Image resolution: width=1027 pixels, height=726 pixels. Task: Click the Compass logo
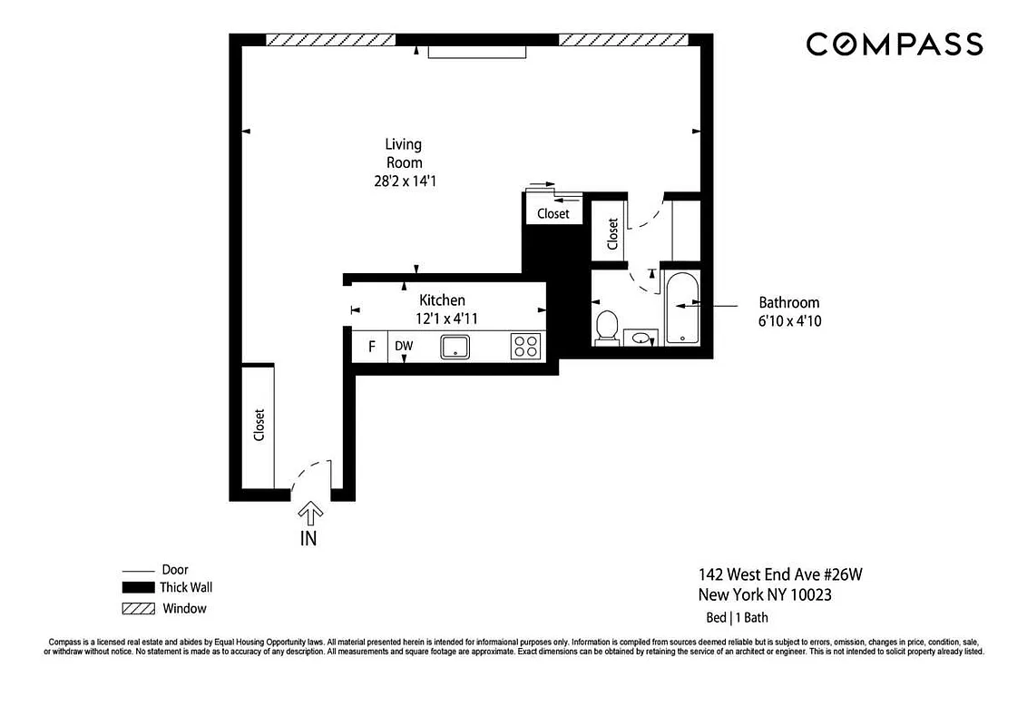894,44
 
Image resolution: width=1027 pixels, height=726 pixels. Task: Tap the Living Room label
404,153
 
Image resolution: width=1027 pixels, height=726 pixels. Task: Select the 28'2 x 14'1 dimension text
404,181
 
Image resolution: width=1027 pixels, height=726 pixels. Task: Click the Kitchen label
442,300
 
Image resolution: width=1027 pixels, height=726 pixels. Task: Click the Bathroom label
789,303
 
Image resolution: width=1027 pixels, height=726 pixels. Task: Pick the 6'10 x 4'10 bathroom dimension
790,320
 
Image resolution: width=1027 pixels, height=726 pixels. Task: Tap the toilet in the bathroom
606,328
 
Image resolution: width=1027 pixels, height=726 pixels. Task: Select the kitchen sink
455,347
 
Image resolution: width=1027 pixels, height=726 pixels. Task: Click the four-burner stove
525,347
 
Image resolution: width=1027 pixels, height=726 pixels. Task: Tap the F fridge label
370,347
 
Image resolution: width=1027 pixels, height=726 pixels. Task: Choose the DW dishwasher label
404,347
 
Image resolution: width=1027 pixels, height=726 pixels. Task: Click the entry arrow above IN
310,514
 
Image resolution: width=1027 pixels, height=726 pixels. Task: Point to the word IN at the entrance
309,537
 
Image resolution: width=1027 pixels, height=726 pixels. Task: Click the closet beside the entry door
259,426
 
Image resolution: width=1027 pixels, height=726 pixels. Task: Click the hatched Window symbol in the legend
139,608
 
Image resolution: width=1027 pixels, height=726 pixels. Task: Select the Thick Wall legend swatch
139,588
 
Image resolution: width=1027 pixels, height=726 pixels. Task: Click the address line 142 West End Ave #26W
774,574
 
